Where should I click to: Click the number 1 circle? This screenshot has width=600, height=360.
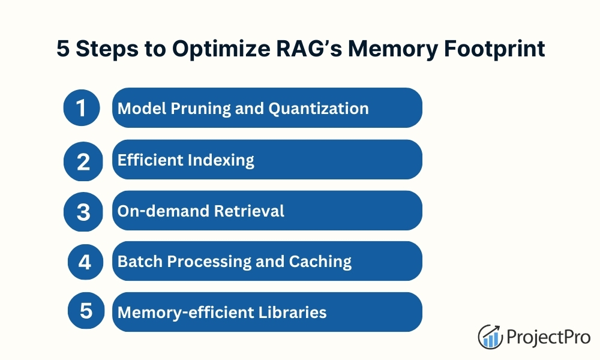82,107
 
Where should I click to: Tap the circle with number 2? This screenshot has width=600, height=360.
83,161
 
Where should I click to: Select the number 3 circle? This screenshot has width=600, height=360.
83,212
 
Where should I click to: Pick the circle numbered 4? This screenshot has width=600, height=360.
85,262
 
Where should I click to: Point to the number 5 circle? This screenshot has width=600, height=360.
86,310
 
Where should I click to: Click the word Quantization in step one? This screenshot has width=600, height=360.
319,109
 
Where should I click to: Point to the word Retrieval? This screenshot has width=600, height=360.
249,211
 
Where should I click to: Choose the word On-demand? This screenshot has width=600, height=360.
163,211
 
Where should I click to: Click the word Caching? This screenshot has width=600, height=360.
320,262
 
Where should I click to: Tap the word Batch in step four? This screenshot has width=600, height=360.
140,261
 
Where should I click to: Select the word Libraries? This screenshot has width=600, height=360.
293,312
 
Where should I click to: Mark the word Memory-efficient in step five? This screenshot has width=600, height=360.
185,313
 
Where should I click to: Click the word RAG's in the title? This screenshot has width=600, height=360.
309,49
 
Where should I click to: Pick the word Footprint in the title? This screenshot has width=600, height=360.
494,49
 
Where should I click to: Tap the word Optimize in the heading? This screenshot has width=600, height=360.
221,49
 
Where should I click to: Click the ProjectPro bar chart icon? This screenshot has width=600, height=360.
490,337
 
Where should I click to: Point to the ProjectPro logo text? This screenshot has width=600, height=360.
548,337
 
